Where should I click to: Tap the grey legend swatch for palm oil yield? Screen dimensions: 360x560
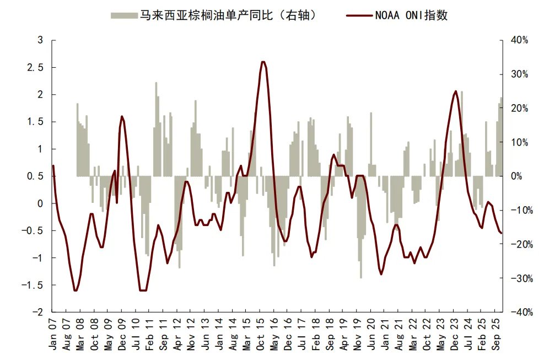point(123,15)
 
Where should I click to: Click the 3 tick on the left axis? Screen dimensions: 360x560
point(40,40)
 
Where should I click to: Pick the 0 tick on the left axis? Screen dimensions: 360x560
point(40,203)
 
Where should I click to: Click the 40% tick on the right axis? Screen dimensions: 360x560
point(520,40)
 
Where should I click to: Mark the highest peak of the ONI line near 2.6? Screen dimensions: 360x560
point(263,62)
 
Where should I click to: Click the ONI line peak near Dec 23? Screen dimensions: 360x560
point(456,92)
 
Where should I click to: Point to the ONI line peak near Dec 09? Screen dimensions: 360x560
point(121,116)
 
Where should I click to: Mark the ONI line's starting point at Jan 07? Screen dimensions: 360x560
point(53,165)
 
